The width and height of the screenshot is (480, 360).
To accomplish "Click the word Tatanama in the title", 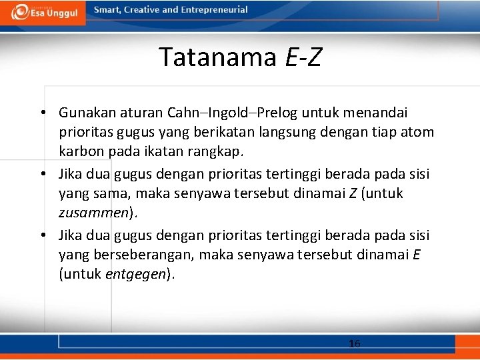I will pyautogui.click(x=217, y=57).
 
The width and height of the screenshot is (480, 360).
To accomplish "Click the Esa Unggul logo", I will pyautogui.click(x=43, y=12).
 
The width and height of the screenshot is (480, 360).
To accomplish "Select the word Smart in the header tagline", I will pyautogui.click(x=108, y=10).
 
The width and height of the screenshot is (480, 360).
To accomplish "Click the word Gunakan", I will pyautogui.click(x=84, y=113).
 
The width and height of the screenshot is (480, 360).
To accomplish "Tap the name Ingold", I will pyautogui.click(x=233, y=113).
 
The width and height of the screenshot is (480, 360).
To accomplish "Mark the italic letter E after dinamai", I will pyautogui.click(x=416, y=255).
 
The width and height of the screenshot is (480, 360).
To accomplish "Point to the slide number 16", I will pyautogui.click(x=354, y=344).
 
